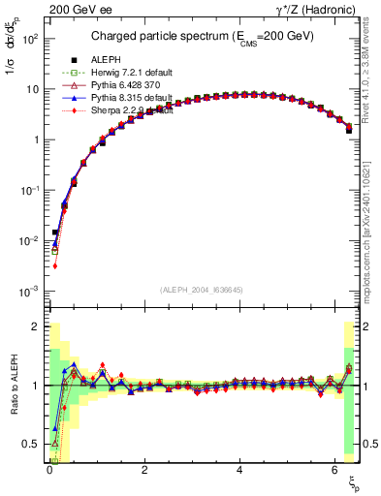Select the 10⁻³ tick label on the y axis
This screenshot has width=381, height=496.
30,292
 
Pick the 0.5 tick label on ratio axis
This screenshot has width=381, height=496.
31,445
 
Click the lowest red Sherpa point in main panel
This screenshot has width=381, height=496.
55,265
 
